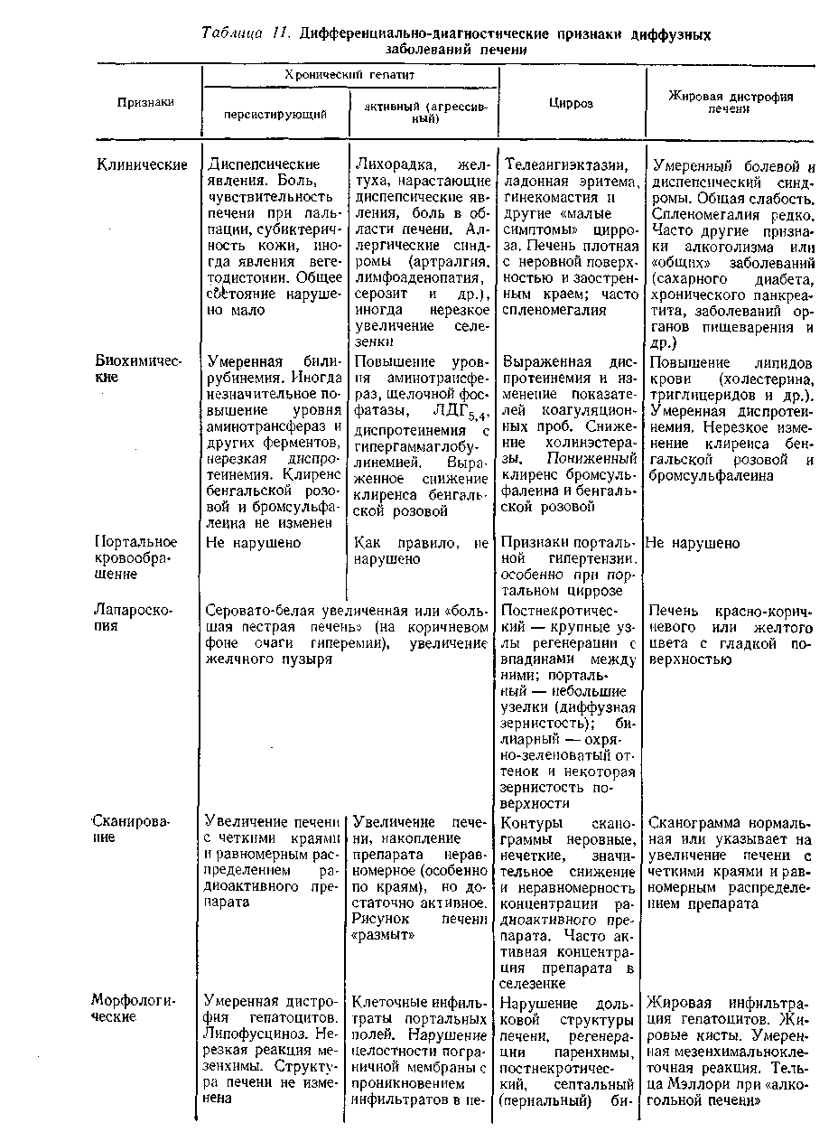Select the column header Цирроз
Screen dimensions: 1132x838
[571, 103]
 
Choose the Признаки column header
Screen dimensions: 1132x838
[144, 103]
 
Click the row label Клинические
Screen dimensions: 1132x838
[142, 164]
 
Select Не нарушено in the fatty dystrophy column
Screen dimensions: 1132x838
[693, 543]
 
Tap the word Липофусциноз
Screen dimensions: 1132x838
[254, 1031]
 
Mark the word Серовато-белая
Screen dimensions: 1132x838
[253, 610]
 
